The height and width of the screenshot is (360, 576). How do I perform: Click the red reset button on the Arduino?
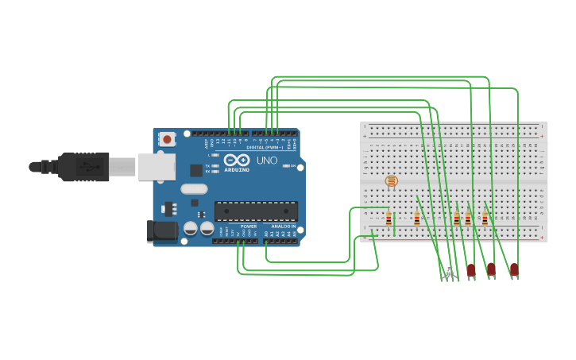tap(167, 139)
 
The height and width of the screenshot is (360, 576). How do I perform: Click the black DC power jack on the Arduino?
tap(161, 231)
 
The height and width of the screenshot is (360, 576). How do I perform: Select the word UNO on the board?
tap(267, 161)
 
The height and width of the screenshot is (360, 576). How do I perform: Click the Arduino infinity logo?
tap(237, 160)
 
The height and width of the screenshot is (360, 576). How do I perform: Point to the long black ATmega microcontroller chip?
tap(256, 211)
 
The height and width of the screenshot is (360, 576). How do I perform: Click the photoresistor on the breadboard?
tap(391, 181)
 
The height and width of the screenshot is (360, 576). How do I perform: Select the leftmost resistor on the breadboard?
tap(389, 219)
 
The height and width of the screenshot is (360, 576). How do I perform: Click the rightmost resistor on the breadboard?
tap(485, 219)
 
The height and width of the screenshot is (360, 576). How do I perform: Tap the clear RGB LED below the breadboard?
tap(450, 269)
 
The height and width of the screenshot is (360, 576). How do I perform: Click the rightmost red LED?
tap(514, 269)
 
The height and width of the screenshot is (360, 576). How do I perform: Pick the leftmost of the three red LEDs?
tap(471, 270)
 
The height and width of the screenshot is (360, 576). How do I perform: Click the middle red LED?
tap(491, 269)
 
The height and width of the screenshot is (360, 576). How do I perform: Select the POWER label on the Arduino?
tap(249, 226)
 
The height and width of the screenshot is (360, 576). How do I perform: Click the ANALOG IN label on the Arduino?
tap(283, 226)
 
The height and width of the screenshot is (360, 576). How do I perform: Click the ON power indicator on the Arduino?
tap(288, 166)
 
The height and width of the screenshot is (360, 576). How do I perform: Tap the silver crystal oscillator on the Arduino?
tap(194, 189)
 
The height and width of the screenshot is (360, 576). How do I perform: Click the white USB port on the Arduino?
tap(157, 166)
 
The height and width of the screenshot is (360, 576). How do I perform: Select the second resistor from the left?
tap(416, 219)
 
